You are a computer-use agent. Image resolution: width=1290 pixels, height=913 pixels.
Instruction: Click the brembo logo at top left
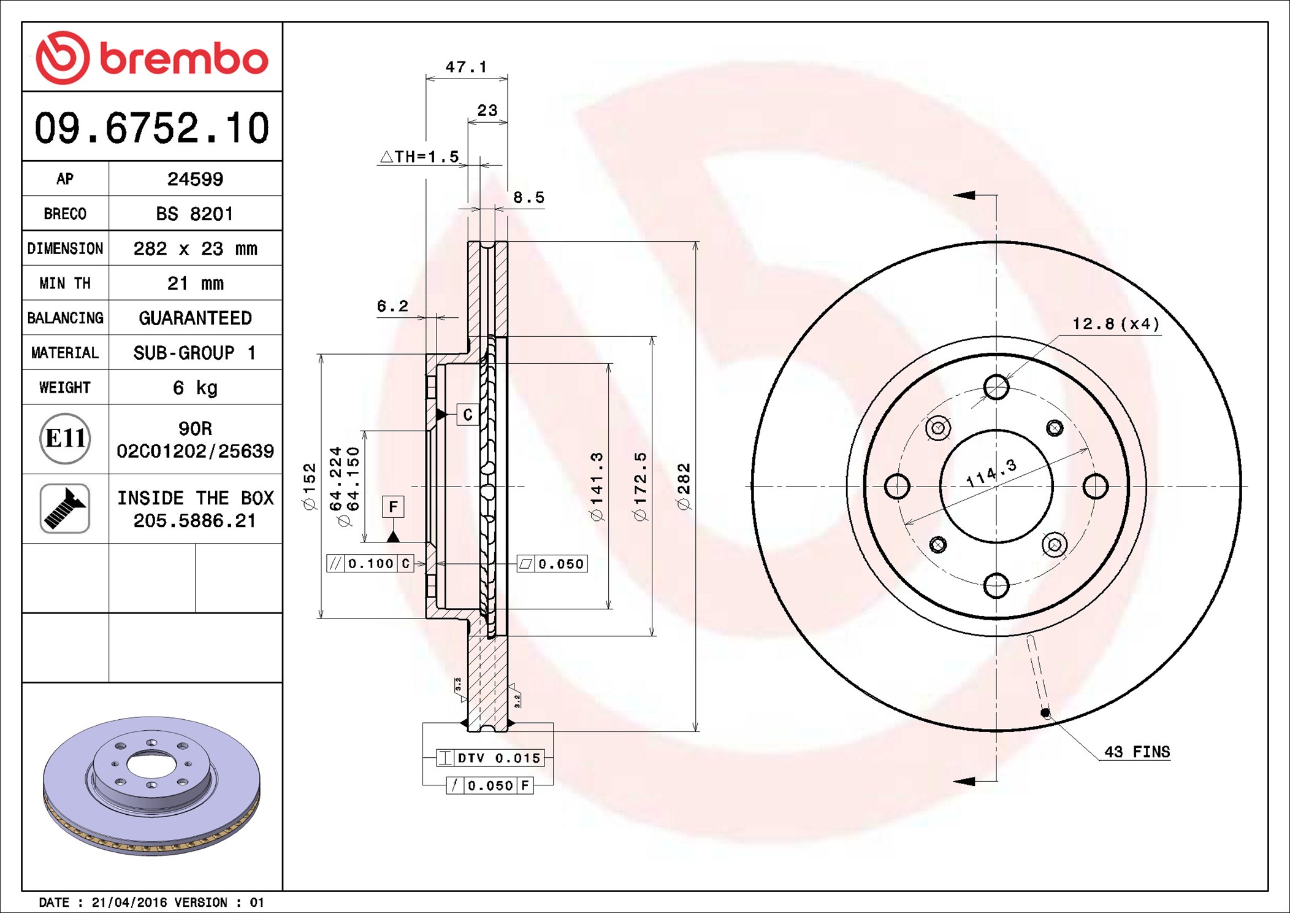tap(152, 58)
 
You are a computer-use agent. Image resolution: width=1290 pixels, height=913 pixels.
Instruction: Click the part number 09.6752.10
tap(152, 128)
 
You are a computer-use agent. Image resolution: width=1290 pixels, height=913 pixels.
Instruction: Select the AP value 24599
tap(195, 179)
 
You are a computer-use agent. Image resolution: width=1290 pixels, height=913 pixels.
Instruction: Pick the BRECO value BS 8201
tap(194, 214)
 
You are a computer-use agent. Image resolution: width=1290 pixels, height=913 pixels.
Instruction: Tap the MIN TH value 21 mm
tap(195, 283)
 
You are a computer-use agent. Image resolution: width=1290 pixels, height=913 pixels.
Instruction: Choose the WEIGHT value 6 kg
tap(195, 387)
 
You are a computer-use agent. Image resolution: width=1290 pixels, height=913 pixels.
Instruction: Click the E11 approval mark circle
tap(65, 439)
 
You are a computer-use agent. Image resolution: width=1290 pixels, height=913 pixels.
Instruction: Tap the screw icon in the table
tap(65, 508)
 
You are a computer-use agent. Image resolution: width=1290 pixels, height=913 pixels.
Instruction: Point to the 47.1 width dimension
tap(466, 66)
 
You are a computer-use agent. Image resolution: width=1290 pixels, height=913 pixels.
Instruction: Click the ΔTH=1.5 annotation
tap(419, 156)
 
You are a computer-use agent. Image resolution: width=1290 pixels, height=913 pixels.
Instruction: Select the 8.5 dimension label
tap(529, 198)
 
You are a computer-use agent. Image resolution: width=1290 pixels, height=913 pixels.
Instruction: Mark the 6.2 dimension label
tap(392, 306)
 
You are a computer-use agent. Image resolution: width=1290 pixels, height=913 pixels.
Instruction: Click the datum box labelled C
tap(468, 415)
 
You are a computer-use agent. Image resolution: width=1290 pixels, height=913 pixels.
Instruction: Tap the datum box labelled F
tap(393, 507)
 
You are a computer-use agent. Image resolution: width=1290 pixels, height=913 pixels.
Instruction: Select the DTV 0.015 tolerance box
tap(490, 758)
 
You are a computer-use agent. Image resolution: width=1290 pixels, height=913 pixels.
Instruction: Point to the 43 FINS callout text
tap(1137, 752)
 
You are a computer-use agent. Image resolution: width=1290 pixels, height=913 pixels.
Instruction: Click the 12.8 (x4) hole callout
tap(1116, 323)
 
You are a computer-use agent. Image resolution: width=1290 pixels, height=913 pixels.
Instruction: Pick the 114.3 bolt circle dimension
tap(991, 472)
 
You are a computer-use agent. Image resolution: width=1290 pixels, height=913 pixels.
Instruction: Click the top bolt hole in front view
tap(996, 387)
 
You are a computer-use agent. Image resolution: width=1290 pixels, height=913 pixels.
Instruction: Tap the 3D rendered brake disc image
tap(151, 786)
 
